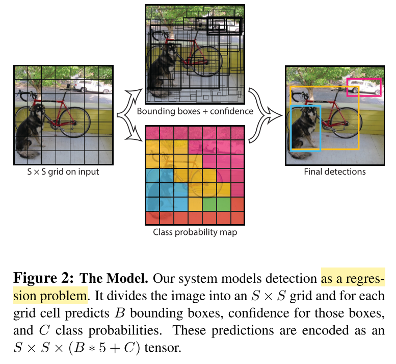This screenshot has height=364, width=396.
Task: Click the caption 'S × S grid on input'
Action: tap(63, 172)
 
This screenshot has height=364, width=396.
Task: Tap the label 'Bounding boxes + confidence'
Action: tap(195, 111)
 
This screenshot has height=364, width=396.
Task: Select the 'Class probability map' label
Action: tap(195, 232)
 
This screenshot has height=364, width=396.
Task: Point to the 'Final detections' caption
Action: tap(334, 172)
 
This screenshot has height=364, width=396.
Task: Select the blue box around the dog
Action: tap(292, 128)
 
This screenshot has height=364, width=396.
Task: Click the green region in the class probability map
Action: tap(209, 204)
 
